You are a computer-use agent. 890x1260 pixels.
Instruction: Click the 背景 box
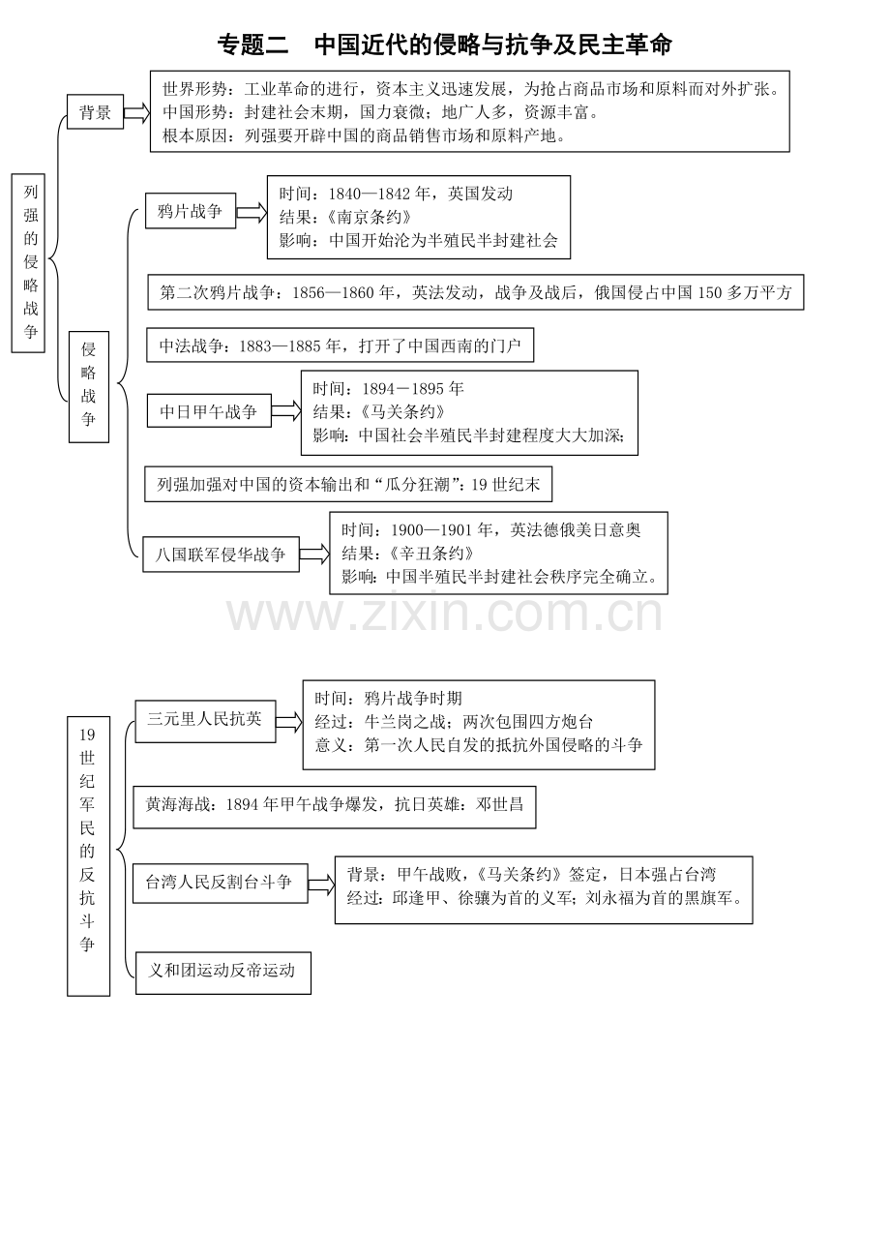95,111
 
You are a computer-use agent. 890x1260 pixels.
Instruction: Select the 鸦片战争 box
190,211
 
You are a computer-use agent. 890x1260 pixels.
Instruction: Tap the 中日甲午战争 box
209,411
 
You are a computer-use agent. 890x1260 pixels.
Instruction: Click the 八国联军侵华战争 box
221,555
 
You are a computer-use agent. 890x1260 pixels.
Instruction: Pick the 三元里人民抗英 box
205,721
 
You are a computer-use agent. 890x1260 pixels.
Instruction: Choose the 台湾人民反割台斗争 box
220,884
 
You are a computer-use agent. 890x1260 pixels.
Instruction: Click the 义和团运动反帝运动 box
223,974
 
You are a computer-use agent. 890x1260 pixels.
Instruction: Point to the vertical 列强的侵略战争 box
28,263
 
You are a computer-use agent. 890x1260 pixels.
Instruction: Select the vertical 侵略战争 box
89,387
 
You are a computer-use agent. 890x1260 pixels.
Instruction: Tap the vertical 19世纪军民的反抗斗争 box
88,856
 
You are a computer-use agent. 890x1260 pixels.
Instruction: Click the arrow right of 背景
136,112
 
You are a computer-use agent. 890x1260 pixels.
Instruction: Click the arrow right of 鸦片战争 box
252,212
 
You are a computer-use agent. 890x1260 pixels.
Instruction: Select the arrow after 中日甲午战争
286,410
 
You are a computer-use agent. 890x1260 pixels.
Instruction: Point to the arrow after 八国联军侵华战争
314,555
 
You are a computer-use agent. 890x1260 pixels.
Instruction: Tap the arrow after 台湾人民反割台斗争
321,885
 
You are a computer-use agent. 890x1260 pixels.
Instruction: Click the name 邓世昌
499,804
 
